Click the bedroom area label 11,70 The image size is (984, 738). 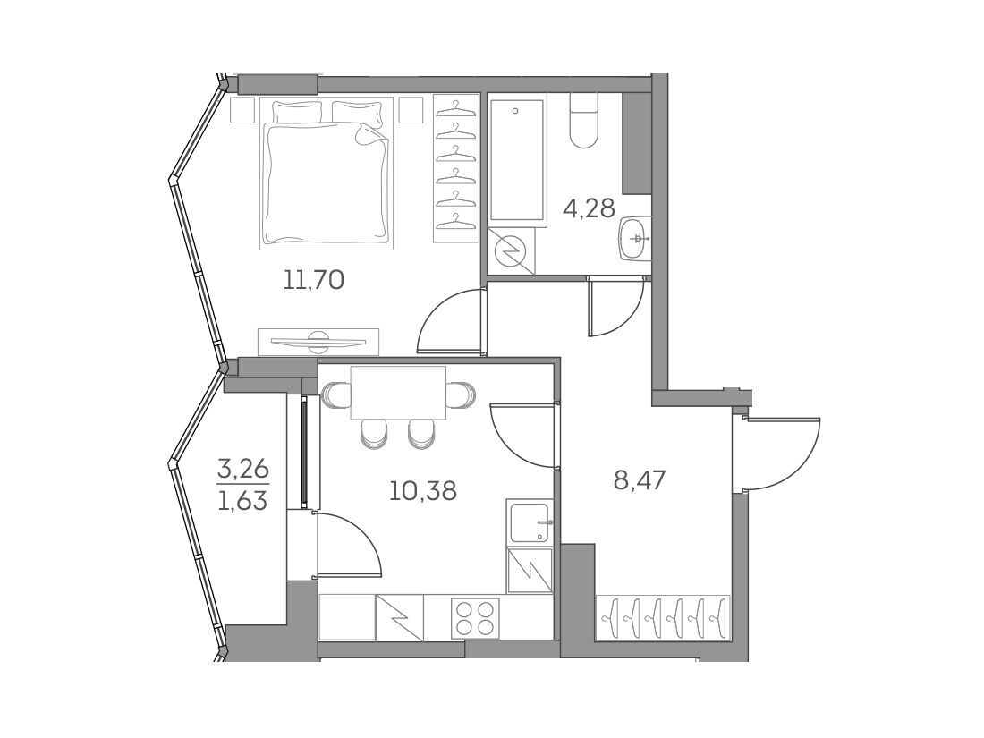(x=314, y=280)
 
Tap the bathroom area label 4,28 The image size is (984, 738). (x=589, y=208)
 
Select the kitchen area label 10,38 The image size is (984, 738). (x=423, y=490)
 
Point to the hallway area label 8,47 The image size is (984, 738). (x=639, y=482)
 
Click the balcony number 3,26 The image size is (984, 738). (x=242, y=468)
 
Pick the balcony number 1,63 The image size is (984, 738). (x=242, y=502)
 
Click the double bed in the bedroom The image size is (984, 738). (x=327, y=174)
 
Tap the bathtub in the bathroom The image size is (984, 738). (x=516, y=160)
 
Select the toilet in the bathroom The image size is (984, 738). (x=583, y=121)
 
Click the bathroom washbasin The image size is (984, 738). (x=635, y=239)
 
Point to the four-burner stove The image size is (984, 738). (x=475, y=617)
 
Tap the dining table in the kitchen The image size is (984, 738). (x=398, y=393)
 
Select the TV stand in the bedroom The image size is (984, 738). (x=318, y=342)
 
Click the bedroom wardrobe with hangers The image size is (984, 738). (x=455, y=167)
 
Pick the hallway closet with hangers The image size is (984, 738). (x=663, y=617)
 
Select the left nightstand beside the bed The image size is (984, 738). (x=242, y=109)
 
